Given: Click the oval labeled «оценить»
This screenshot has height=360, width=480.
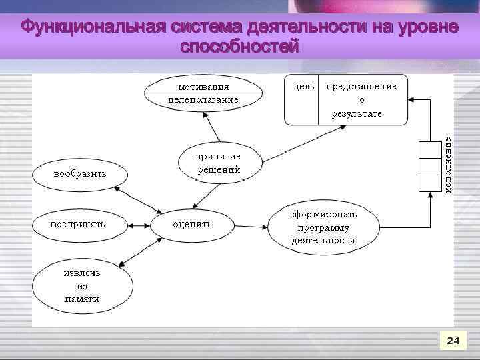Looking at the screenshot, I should point(192,224).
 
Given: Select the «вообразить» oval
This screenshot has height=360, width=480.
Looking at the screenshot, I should point(79,174).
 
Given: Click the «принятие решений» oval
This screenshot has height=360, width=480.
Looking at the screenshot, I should point(218,163).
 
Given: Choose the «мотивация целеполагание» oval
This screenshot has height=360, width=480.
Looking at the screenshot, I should point(203,93).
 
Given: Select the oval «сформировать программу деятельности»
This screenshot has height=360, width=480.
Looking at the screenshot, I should point(323,227).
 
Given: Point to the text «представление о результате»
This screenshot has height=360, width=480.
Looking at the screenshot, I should point(361,99).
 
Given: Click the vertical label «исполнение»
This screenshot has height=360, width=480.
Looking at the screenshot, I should point(448,164).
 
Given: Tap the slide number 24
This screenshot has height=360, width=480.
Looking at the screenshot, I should point(453,341).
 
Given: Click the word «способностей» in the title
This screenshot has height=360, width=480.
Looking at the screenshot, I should point(240,48).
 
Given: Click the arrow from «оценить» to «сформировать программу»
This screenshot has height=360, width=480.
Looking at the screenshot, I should point(251,227).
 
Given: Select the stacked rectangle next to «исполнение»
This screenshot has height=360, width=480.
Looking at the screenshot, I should point(427,166).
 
